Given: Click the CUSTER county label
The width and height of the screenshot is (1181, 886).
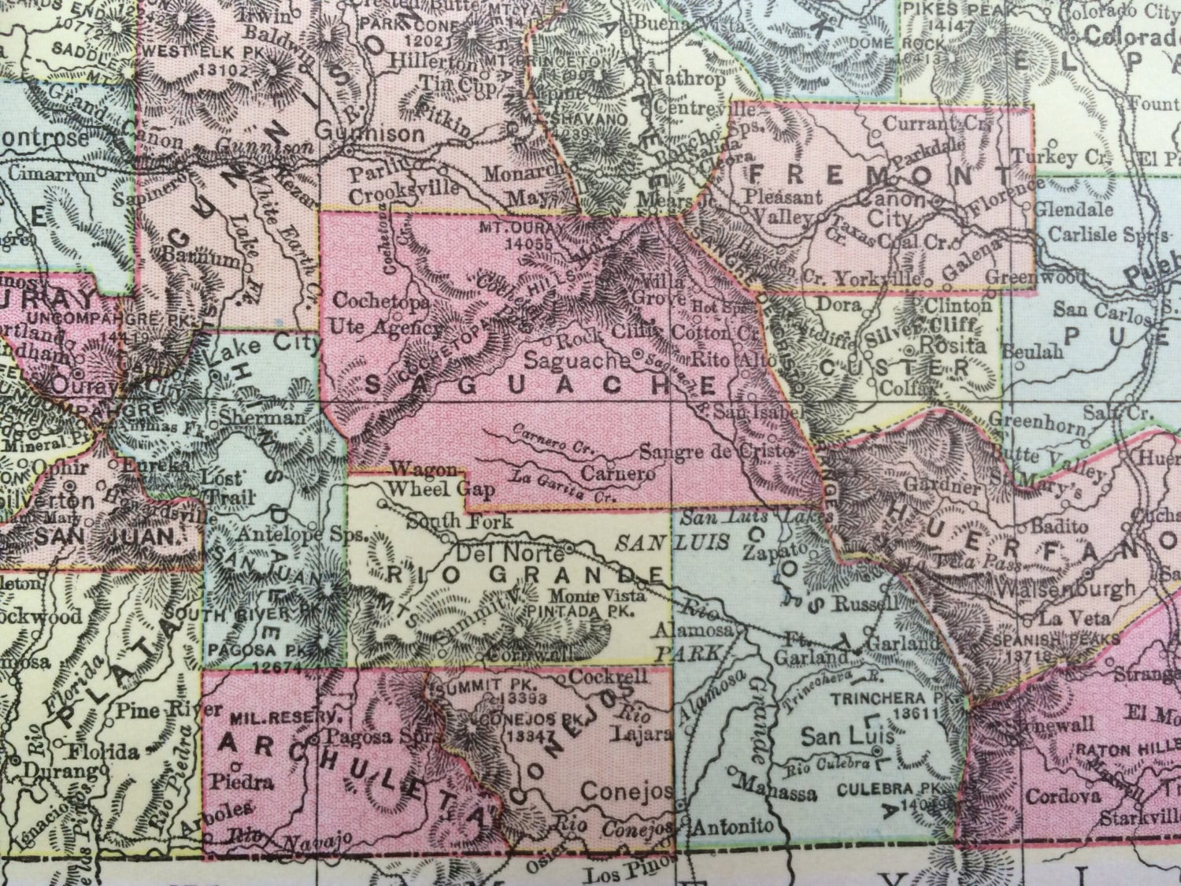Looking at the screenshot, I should [901, 367].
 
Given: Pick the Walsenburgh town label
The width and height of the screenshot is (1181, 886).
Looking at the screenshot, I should [1065, 588].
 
